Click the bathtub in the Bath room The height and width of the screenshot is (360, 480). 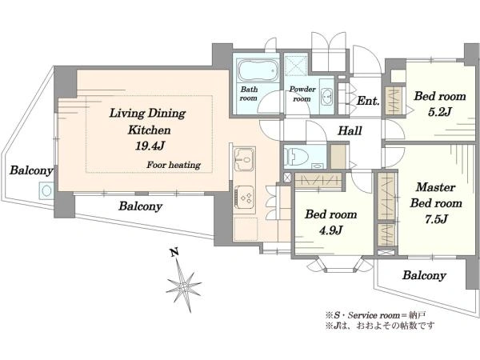tap(258, 70)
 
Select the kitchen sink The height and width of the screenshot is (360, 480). tap(244, 159)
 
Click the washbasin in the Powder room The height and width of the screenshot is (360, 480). tap(327, 97)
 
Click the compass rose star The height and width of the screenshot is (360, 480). tap(184, 286)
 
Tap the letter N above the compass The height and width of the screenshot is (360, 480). tap(174, 252)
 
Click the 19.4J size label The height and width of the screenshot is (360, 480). tap(150, 146)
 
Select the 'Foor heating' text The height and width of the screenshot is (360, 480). tap(174, 165)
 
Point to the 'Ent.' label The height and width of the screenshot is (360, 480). tap(368, 101)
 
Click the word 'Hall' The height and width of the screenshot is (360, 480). tap(350, 131)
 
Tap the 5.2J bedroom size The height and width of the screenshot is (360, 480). tap(439, 112)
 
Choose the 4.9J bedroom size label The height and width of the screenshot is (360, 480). tap(330, 230)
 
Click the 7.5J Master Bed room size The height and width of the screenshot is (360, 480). tap(436, 219)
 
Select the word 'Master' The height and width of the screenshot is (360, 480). tap(435, 187)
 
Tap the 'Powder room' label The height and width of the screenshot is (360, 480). tap(302, 94)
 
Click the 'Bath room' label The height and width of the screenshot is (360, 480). tap(249, 94)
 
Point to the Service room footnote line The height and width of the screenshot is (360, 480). tap(376, 315)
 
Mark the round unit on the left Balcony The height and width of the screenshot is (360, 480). tap(46, 190)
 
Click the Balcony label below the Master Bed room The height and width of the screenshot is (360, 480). tap(424, 275)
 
